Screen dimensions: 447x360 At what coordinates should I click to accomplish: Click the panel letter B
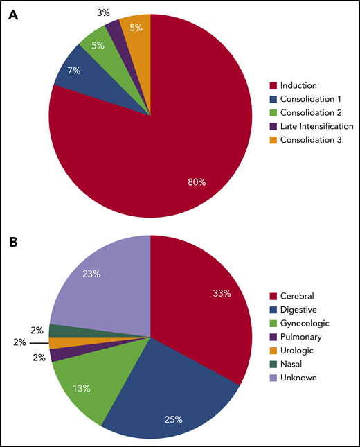pyautogui.click(x=12, y=244)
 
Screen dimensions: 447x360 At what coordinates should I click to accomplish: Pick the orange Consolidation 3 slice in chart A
pyautogui.click(x=136, y=28)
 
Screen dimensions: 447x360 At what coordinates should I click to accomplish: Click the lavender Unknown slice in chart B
pyautogui.click(x=104, y=284)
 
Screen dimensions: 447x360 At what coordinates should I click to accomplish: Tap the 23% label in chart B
pyautogui.click(x=91, y=274)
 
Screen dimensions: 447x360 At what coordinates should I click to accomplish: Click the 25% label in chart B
pyautogui.click(x=173, y=419)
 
